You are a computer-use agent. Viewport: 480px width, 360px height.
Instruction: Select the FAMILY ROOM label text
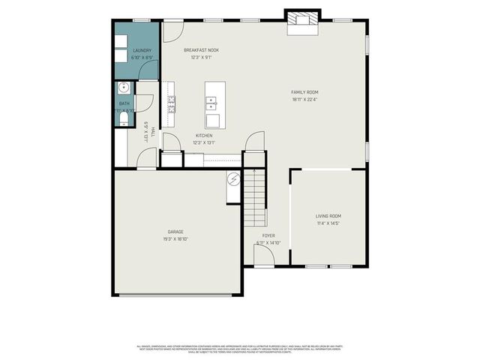coord(304,92)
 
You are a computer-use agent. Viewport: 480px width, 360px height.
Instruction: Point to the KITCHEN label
coord(204,136)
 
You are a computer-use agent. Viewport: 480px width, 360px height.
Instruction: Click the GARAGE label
coord(175,232)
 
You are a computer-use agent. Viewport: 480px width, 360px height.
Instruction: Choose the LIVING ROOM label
coord(328,216)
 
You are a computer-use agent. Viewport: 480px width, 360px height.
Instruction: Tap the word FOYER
coord(268,235)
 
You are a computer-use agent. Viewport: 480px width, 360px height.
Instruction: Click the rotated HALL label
coord(152,131)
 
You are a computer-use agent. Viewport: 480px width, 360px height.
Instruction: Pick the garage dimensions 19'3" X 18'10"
coord(175,238)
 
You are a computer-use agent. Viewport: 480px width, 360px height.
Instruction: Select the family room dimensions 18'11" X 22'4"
coord(304,99)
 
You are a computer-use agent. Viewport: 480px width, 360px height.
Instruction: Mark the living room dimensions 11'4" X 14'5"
coord(328,223)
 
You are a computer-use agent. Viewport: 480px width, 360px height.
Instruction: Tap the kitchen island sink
coord(211,102)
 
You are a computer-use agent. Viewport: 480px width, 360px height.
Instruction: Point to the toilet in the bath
coord(122,118)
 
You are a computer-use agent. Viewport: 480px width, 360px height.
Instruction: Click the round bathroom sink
coord(123,88)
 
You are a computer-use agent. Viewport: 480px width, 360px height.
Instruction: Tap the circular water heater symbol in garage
coord(232,179)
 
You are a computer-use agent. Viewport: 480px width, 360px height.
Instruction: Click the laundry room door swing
coord(150,69)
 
